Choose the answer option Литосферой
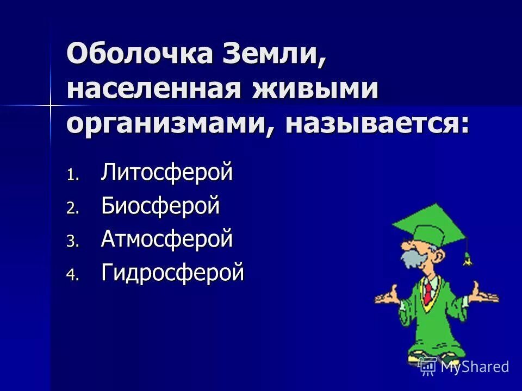tap(167, 173)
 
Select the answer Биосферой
tap(160, 206)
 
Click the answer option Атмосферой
tap(167, 239)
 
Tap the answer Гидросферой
tap(172, 273)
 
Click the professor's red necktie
tap(428, 293)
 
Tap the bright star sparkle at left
tap(51, 103)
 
